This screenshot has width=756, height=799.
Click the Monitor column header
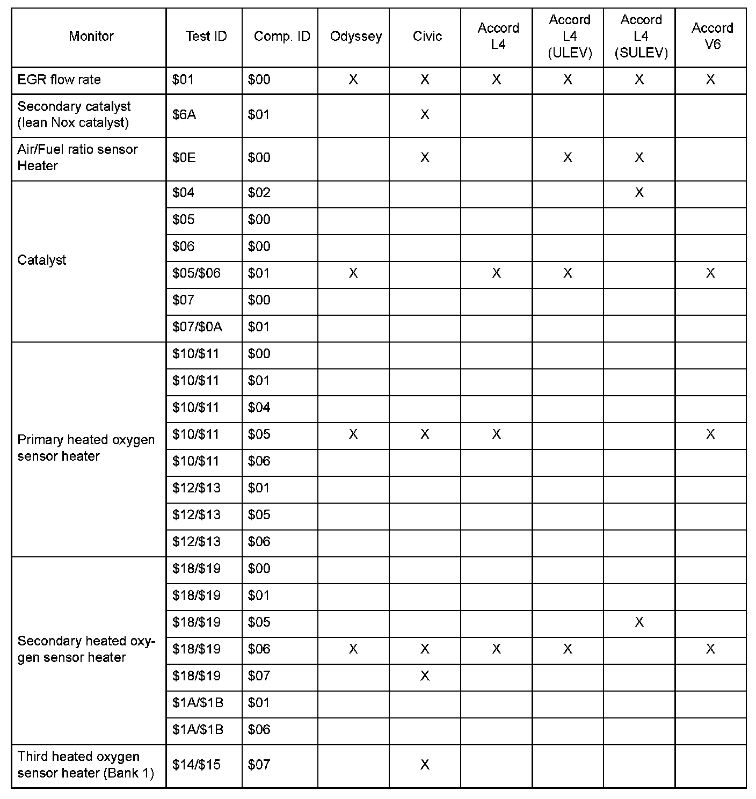[x=91, y=37]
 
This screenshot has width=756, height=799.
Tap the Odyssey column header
[x=356, y=37]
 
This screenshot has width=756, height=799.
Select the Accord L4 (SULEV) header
[x=641, y=37]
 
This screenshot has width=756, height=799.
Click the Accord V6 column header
[x=712, y=37]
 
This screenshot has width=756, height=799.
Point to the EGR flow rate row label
[x=59, y=80]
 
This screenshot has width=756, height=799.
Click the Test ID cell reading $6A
[x=184, y=115]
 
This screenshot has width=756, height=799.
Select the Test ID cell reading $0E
[x=184, y=158]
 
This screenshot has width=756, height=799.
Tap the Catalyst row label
[x=42, y=260]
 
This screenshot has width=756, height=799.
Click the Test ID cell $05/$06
[x=197, y=273]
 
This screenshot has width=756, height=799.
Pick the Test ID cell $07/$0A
[x=197, y=327]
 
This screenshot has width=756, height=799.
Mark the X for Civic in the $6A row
[x=425, y=115]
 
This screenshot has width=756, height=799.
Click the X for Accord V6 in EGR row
[x=710, y=80]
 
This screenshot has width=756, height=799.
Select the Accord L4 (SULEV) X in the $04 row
[x=639, y=193]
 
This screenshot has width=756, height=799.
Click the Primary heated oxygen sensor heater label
[x=86, y=448]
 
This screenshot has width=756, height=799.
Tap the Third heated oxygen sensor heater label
[x=86, y=765]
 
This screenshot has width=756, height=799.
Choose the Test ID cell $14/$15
[x=197, y=765]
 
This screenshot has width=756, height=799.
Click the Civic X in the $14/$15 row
[x=425, y=765]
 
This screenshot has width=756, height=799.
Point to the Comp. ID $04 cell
[x=259, y=408]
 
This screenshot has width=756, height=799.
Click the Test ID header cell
[x=206, y=37]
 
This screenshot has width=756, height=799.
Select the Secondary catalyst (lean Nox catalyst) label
[x=74, y=115]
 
